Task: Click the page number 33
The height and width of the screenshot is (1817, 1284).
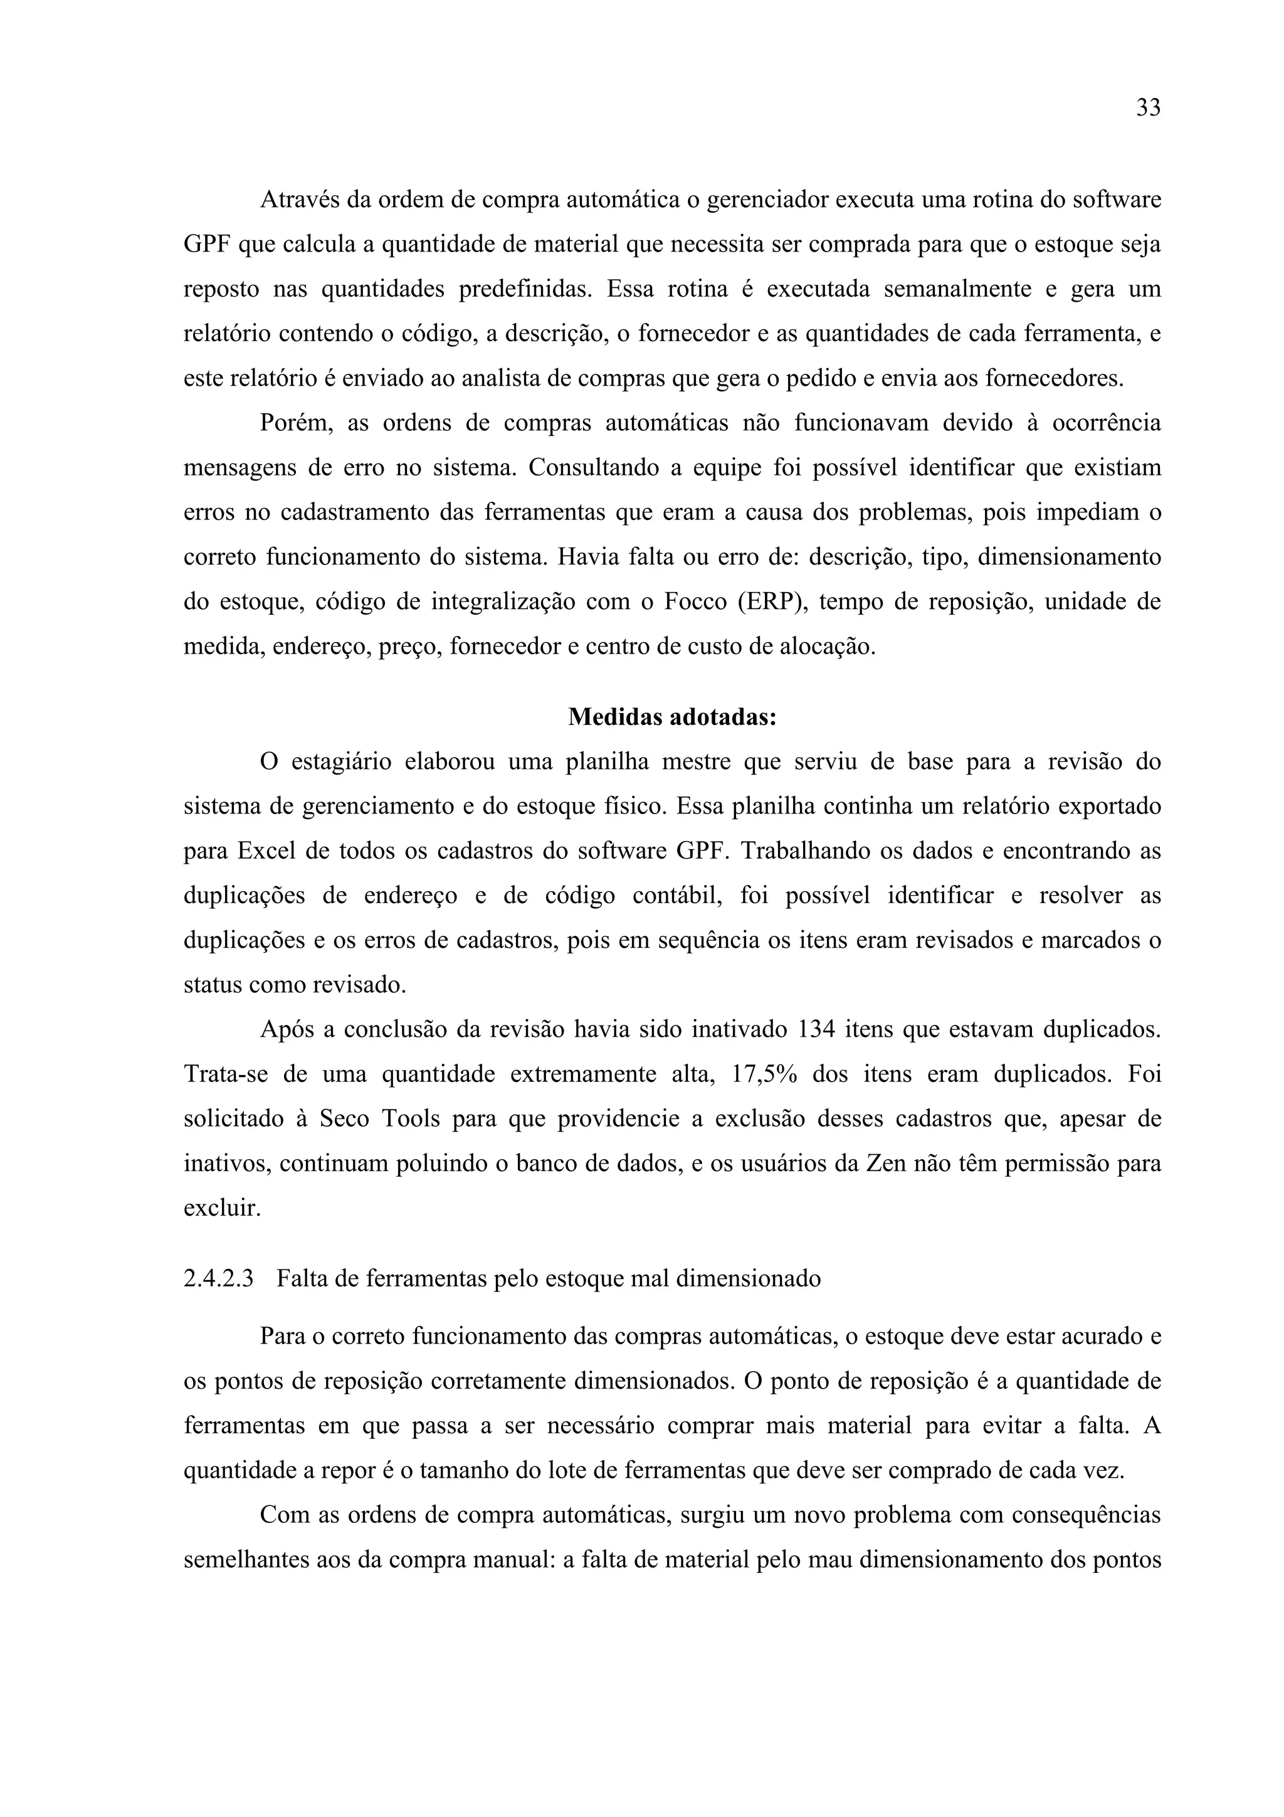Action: pos(1148,109)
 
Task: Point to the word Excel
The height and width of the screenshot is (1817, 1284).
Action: pos(266,852)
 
